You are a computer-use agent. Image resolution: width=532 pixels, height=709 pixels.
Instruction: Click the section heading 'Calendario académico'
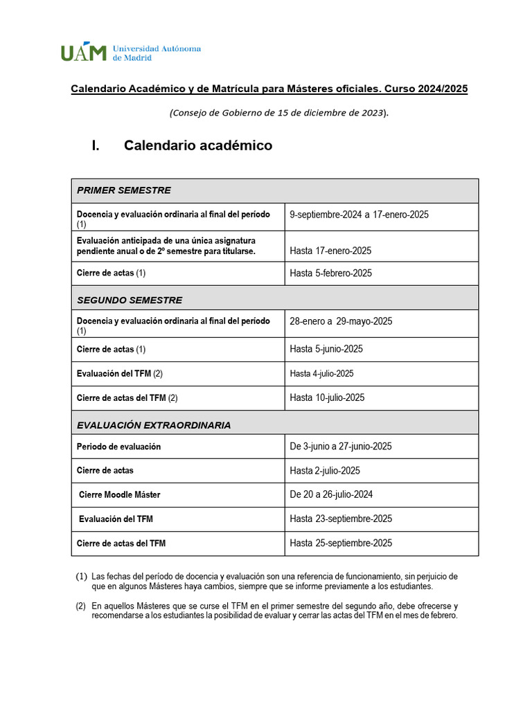[x=197, y=145]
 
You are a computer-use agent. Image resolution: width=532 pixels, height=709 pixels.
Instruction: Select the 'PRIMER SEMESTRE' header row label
[x=124, y=190]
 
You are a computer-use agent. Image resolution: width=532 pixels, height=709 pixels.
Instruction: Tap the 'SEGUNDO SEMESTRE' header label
[x=130, y=300]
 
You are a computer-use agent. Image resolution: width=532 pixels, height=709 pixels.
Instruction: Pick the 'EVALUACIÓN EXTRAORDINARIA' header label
[x=154, y=425]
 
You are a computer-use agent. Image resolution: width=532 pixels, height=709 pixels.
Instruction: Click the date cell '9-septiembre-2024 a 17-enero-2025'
[x=359, y=215]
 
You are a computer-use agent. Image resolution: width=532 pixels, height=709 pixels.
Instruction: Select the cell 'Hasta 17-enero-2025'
[x=330, y=251]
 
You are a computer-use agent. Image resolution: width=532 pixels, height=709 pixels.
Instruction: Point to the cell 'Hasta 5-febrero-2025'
[x=330, y=273]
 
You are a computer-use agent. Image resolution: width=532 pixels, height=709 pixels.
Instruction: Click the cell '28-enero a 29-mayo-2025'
[x=341, y=321]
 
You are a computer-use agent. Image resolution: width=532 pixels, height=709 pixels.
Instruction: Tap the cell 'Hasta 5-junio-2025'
[x=326, y=349]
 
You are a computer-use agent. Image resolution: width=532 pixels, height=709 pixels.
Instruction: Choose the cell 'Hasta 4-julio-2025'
[x=321, y=373]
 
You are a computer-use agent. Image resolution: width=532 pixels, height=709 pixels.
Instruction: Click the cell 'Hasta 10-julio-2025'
[x=327, y=397]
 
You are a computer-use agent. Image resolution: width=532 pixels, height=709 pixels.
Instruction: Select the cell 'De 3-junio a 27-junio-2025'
[x=340, y=447]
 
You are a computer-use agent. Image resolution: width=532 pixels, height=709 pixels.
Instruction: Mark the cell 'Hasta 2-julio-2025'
[x=325, y=471]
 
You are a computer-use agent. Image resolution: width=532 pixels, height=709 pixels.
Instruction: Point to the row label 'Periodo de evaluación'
[x=118, y=447]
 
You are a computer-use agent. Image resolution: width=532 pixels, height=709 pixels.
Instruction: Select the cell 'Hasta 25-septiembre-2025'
[x=341, y=543]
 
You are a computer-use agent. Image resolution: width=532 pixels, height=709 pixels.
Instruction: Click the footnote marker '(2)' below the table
[x=80, y=606]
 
